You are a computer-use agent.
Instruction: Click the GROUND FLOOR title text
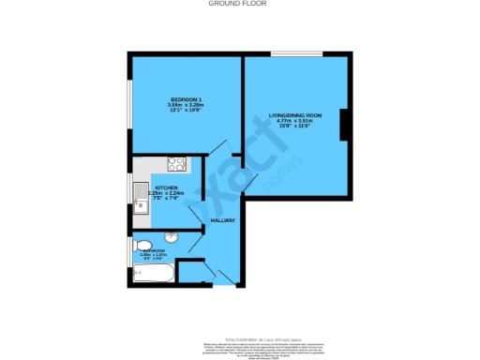(239, 4)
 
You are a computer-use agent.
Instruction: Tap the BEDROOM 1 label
(183, 99)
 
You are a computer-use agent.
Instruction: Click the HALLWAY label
(222, 220)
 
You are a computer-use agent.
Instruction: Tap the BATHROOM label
(152, 250)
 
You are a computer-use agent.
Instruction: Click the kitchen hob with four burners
(175, 164)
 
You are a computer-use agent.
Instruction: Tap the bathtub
(152, 275)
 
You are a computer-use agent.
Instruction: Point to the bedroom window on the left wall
(129, 104)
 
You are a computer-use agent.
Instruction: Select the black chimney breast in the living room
(346, 124)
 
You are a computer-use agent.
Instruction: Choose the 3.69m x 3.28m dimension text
(183, 105)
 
